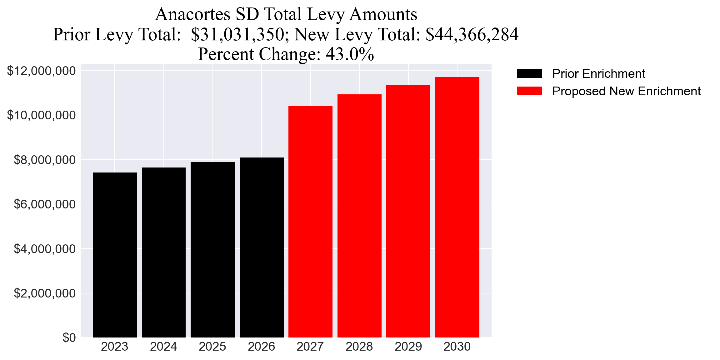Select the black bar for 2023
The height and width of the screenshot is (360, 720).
tap(115, 255)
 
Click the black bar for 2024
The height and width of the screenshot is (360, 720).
tap(163, 252)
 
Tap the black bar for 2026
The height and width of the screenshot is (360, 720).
tap(262, 247)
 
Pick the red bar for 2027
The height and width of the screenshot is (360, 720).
tap(310, 222)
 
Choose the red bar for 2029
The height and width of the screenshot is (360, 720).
tap(408, 211)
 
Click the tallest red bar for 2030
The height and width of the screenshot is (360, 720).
tap(457, 207)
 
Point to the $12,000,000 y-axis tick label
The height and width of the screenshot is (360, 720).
tap(41, 71)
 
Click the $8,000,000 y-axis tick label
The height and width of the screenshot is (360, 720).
tap(45, 160)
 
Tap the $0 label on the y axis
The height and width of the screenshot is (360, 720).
tap(69, 338)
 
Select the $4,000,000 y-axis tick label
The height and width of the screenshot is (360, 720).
tap(45, 249)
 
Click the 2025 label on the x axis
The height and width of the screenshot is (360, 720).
tap(212, 347)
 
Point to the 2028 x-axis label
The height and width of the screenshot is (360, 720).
tap(359, 347)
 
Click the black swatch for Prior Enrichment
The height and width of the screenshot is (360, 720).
tap(529, 73)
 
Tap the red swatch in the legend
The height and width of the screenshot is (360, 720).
tap(529, 91)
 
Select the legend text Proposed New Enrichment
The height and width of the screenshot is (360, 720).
tap(626, 91)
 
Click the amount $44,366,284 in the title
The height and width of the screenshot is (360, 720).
tap(472, 34)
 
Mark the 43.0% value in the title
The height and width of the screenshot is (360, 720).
tap(350, 54)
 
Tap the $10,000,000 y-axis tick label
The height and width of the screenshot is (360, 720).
tap(41, 115)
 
